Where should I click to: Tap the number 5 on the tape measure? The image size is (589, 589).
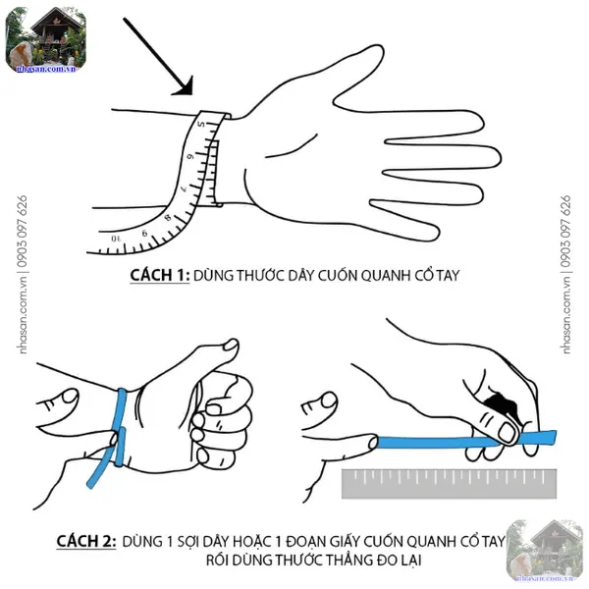[x=201, y=124]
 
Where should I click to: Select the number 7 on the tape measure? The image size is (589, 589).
[x=185, y=188]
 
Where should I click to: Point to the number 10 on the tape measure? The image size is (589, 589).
[x=117, y=239]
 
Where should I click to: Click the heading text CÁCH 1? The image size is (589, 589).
[x=160, y=275]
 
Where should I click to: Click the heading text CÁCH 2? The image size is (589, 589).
[x=86, y=541]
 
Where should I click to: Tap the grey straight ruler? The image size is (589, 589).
[x=449, y=484]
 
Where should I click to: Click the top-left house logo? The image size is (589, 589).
[x=46, y=40]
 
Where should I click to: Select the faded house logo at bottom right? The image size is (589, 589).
[x=545, y=551]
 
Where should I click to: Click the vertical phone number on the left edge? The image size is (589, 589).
[x=23, y=231]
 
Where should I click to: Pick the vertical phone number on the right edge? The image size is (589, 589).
[x=565, y=231]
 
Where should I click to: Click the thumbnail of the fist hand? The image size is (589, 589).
[x=231, y=345]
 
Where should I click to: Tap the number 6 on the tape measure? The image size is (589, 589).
[x=191, y=155]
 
